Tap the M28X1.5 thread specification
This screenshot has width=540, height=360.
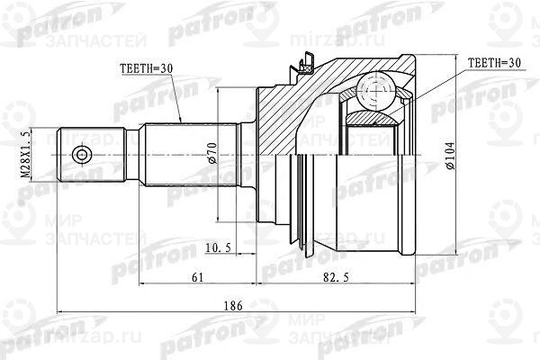point(26,154)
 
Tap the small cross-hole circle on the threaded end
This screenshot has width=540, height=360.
point(82,156)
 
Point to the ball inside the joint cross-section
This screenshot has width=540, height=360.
point(373,91)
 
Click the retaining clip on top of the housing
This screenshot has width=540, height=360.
point(307,66)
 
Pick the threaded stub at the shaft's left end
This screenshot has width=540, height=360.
point(90,156)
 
